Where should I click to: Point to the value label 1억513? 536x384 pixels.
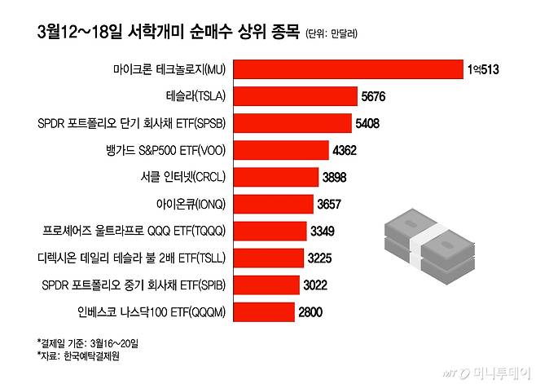point(483,70)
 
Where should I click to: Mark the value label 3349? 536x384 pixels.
point(324,231)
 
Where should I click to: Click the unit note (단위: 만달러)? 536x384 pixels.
point(332,34)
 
